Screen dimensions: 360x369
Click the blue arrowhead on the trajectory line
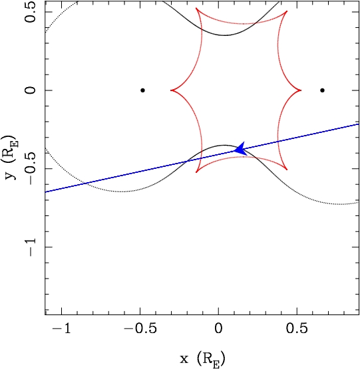click(240, 149)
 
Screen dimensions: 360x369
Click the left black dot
click(142, 90)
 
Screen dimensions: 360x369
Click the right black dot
click(322, 90)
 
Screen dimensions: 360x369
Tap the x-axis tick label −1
click(62, 328)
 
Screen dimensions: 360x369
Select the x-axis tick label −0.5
click(140, 328)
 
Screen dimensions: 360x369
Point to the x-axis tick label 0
click(218, 328)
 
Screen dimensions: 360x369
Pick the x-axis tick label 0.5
click(297, 328)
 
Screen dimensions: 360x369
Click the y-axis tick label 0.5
click(31, 12)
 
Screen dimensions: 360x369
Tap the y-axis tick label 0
click(31, 90)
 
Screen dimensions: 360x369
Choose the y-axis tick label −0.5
click(31, 168)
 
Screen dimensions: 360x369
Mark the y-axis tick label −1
click(31, 247)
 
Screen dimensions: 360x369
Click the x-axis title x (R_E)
click(202, 358)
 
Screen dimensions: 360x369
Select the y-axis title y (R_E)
click(11, 158)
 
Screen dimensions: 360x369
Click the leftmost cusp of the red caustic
click(171, 90)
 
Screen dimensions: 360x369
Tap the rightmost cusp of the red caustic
click(301, 90)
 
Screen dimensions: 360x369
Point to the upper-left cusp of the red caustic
click(196, 8)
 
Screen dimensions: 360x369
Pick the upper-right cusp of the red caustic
click(287, 11)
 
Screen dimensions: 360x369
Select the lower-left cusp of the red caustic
click(196, 172)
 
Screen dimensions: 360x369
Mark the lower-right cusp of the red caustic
click(287, 170)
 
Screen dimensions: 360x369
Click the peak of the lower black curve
click(225, 145)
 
